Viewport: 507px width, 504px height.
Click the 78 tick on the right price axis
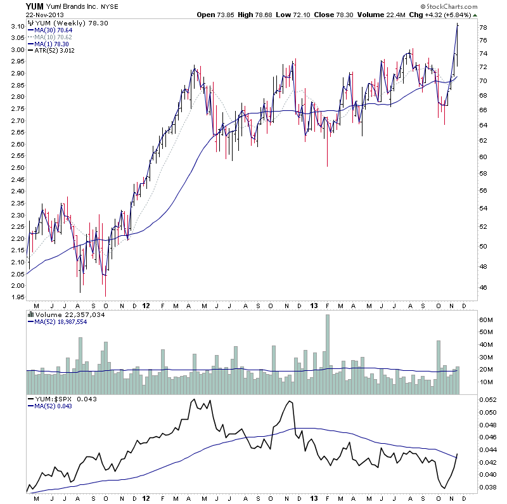coord(483,28)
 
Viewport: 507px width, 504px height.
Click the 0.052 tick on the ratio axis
coord(487,400)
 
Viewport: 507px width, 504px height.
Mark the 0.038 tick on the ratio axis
coord(487,488)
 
